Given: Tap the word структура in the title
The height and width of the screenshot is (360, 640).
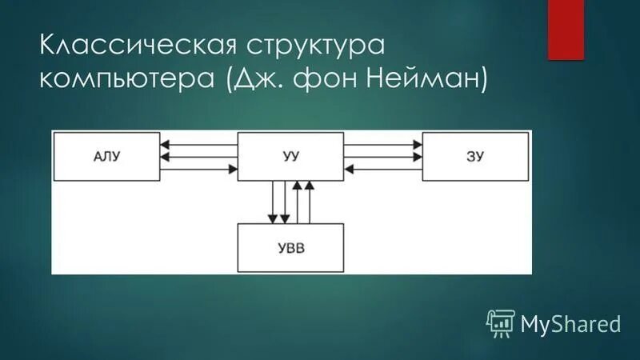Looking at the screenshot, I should (296, 46).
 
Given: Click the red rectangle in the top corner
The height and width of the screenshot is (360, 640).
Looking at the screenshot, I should (566, 29).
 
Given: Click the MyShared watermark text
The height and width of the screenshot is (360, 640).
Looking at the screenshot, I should (570, 323).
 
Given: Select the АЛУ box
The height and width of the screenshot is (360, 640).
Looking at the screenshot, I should (106, 156).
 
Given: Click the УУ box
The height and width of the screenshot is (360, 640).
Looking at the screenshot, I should (290, 156).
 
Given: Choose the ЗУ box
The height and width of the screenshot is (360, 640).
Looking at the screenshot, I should (475, 156).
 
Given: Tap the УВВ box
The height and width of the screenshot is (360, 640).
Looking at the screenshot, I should (290, 248).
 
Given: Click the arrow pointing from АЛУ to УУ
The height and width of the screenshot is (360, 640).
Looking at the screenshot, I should (198, 169).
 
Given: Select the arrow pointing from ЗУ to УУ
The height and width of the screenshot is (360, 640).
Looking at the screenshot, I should (383, 169).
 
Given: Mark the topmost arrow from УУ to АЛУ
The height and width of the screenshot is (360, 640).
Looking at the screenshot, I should (198, 145).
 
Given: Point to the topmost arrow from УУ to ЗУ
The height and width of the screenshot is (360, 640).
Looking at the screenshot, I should (383, 145).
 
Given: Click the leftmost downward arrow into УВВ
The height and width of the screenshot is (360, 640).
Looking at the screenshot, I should (273, 202).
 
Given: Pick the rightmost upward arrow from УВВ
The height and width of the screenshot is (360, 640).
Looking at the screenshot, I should (310, 202).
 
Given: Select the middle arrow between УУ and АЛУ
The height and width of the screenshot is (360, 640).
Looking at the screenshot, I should (198, 157).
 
